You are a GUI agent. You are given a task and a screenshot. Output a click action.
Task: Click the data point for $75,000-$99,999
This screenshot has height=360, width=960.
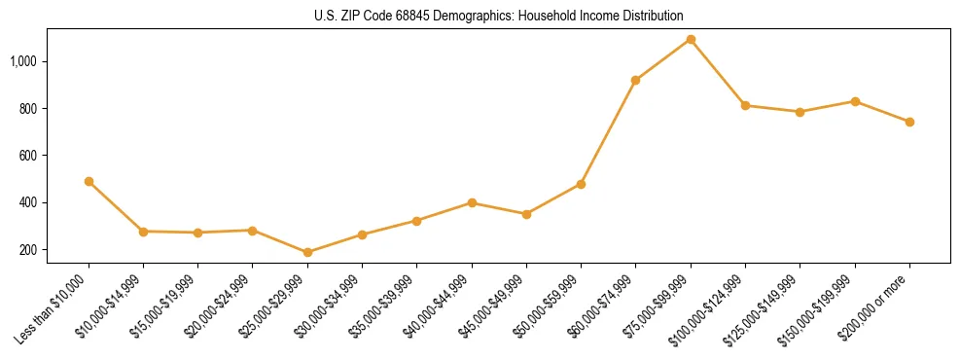point(691,40)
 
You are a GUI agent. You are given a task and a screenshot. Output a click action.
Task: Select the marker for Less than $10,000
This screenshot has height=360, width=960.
point(89,181)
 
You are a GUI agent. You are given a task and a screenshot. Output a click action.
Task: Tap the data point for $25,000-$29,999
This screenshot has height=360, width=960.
point(307,252)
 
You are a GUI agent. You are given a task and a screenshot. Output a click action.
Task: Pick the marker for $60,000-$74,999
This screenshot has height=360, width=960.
point(636,80)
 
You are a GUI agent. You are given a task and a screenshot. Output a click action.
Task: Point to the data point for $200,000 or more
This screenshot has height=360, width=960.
point(909,122)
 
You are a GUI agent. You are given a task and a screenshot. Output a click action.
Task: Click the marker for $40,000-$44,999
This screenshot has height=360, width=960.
point(472,202)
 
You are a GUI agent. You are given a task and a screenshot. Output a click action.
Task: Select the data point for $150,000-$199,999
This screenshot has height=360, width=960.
point(855,101)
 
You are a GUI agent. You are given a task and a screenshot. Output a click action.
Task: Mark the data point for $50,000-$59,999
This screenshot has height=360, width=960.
point(581,184)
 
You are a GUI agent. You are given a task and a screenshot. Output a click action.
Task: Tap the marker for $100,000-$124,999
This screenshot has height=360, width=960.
point(745,105)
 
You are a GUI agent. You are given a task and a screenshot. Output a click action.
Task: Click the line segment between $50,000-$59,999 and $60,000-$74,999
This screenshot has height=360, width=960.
point(609,131)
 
